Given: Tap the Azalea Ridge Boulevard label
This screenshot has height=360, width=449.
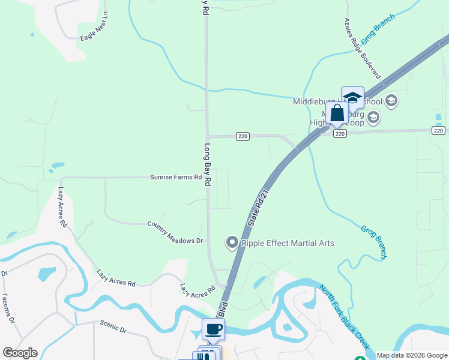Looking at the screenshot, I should point(363,49).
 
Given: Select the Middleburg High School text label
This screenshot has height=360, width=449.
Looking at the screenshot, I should point(337,101).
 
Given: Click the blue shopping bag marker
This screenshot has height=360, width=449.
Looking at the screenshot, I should point(337,113).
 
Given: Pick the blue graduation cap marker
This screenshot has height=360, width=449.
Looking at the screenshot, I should point(352,98).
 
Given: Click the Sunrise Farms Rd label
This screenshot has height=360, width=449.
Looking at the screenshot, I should point(176,178).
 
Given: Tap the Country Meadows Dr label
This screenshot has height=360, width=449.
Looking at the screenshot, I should point(175,232).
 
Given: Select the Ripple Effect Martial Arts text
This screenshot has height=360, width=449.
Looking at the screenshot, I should point(288,243).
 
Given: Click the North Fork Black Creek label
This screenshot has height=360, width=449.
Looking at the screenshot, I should point(345,318).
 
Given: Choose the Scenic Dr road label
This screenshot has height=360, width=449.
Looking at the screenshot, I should point(113,326).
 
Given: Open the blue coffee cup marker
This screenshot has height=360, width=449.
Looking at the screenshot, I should point(213,329).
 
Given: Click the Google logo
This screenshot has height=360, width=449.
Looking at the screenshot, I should point(20,353).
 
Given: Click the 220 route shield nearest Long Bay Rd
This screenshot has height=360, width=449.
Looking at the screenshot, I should point(243,136).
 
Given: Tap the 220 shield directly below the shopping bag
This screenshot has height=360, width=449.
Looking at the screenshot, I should point(340,133).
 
